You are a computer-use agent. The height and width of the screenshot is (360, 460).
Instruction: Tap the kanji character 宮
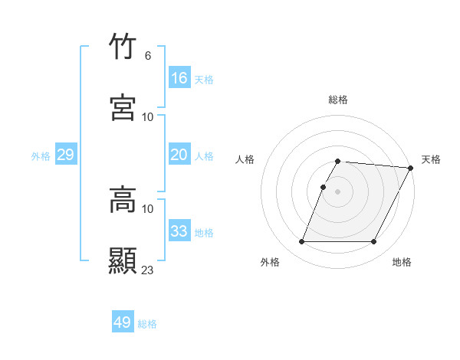tap(123, 107)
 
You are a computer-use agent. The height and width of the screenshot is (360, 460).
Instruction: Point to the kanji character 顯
tap(123, 259)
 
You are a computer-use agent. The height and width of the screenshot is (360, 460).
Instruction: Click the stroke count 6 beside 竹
tap(147, 56)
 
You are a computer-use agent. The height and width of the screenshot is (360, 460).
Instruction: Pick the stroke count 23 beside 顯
tap(148, 270)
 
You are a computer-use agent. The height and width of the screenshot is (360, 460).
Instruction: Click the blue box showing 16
tap(179, 78)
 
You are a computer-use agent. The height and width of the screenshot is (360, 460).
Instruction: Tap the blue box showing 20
tap(179, 155)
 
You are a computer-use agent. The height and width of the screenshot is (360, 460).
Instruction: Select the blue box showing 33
tap(179, 231)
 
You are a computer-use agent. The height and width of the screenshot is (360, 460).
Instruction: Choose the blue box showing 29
tap(65, 155)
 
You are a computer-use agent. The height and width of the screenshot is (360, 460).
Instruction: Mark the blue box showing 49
tap(123, 322)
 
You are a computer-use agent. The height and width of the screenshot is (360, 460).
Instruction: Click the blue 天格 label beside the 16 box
tap(204, 80)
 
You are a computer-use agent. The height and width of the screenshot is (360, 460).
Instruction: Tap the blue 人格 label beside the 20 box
tap(204, 156)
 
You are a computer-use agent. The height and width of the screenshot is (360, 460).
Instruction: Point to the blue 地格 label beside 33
tap(204, 233)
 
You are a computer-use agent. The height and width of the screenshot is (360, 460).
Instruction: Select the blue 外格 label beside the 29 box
tap(41, 156)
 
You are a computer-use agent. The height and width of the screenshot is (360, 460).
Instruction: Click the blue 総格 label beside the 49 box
tap(147, 324)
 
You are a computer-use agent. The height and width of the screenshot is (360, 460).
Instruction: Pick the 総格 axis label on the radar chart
tap(338, 100)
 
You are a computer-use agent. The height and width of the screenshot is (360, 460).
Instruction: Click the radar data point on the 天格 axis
tap(410, 168)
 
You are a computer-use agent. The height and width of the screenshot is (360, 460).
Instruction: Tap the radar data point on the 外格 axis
tap(302, 242)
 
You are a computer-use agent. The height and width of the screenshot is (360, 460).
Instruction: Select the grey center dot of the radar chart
tap(338, 191)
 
